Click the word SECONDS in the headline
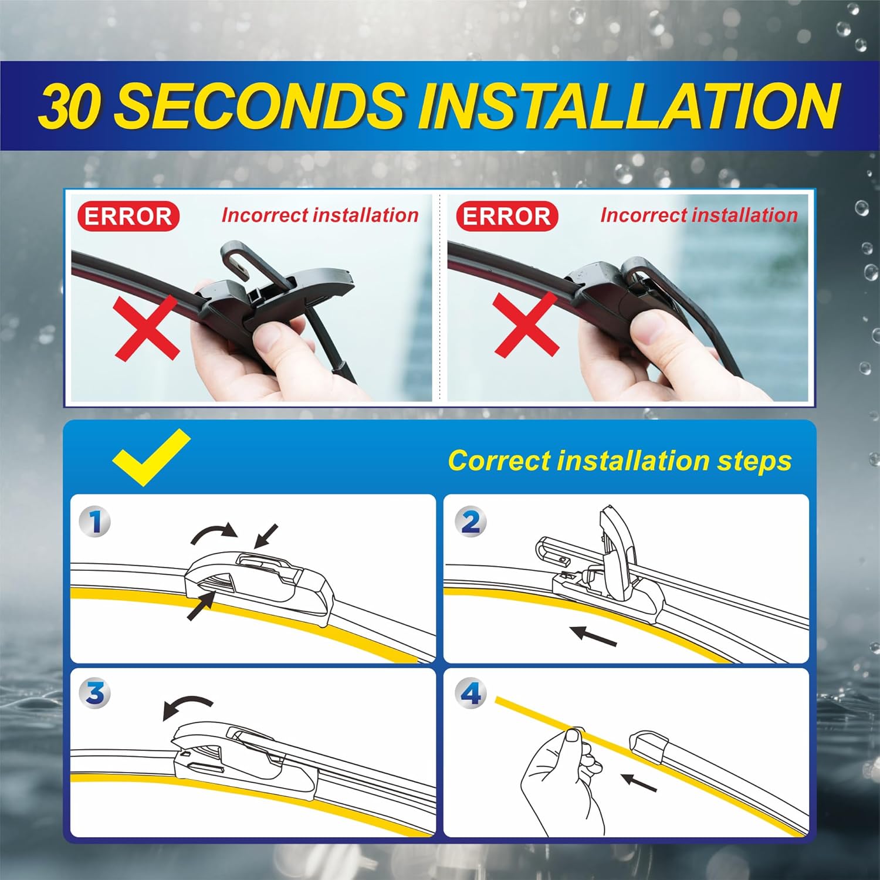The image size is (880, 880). [258, 106]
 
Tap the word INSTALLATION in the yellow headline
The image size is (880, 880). [628, 106]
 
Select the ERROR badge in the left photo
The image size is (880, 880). [128, 216]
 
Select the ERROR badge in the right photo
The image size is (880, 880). [507, 216]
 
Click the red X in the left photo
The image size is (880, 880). [147, 327]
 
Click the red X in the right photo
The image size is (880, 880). [526, 324]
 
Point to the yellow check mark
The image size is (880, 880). [151, 456]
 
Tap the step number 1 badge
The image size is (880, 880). [96, 522]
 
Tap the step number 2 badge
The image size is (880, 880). [471, 522]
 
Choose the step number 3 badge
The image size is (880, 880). [96, 693]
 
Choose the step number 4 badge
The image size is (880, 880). [471, 693]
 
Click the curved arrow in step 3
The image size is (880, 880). [187, 707]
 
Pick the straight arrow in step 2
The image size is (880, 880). [593, 635]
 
